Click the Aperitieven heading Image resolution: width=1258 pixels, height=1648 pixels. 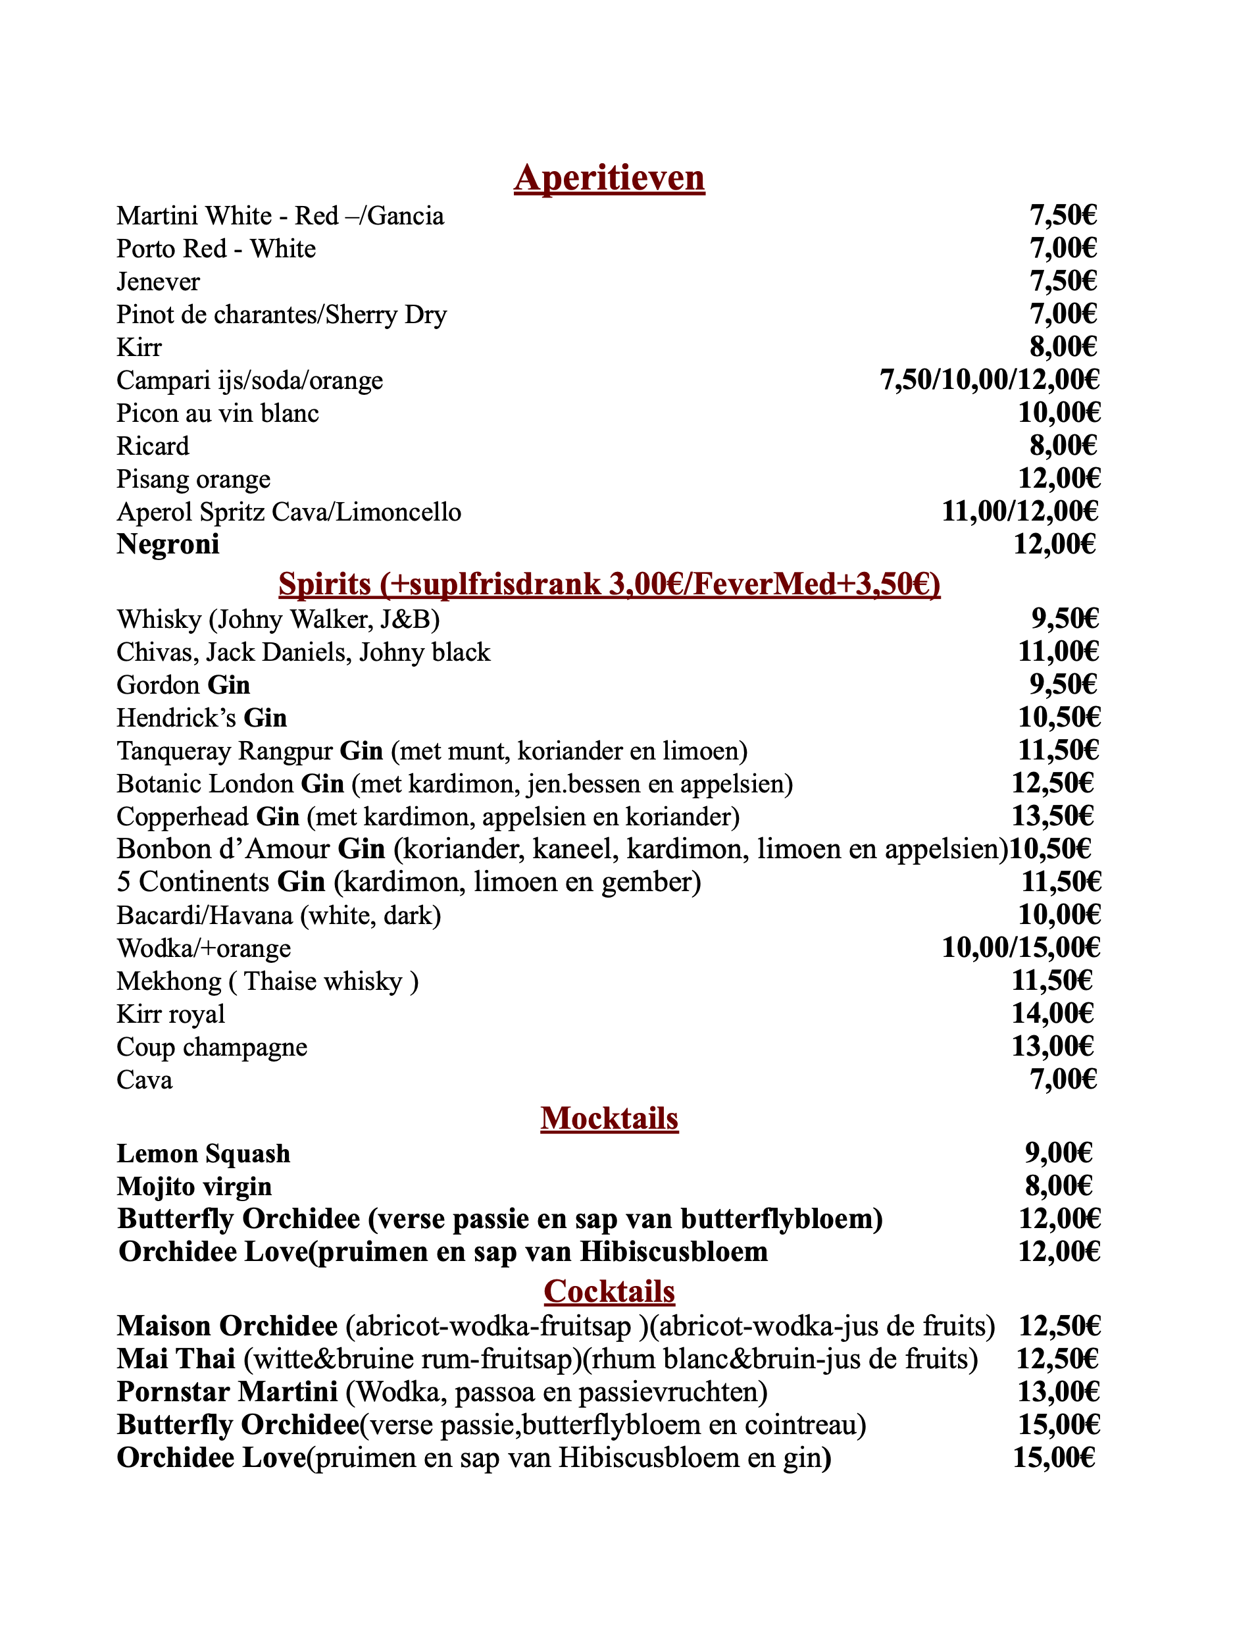click(x=609, y=178)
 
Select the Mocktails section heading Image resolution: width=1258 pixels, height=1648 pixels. click(x=609, y=1118)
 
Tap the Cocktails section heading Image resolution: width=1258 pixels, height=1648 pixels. click(x=609, y=1291)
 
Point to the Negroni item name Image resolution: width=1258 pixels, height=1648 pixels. click(x=168, y=544)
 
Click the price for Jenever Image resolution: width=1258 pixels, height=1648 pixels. click(x=1063, y=281)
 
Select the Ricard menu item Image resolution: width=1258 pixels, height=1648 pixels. click(x=153, y=446)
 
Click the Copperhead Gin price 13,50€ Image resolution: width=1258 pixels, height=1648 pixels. click(x=1052, y=815)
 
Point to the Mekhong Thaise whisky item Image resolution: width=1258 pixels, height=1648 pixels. click(x=267, y=981)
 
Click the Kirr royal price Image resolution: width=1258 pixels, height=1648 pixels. click(x=1052, y=1014)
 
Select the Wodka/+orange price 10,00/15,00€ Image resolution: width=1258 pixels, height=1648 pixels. click(x=1020, y=948)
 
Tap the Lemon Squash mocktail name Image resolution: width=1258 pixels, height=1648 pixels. click(x=203, y=1154)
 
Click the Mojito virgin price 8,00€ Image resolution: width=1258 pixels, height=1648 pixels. click(x=1058, y=1186)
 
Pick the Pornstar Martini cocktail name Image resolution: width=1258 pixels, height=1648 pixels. click(x=227, y=1392)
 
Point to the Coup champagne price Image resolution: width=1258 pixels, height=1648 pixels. click(x=1052, y=1046)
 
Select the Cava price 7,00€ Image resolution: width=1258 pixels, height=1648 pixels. click(x=1063, y=1079)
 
